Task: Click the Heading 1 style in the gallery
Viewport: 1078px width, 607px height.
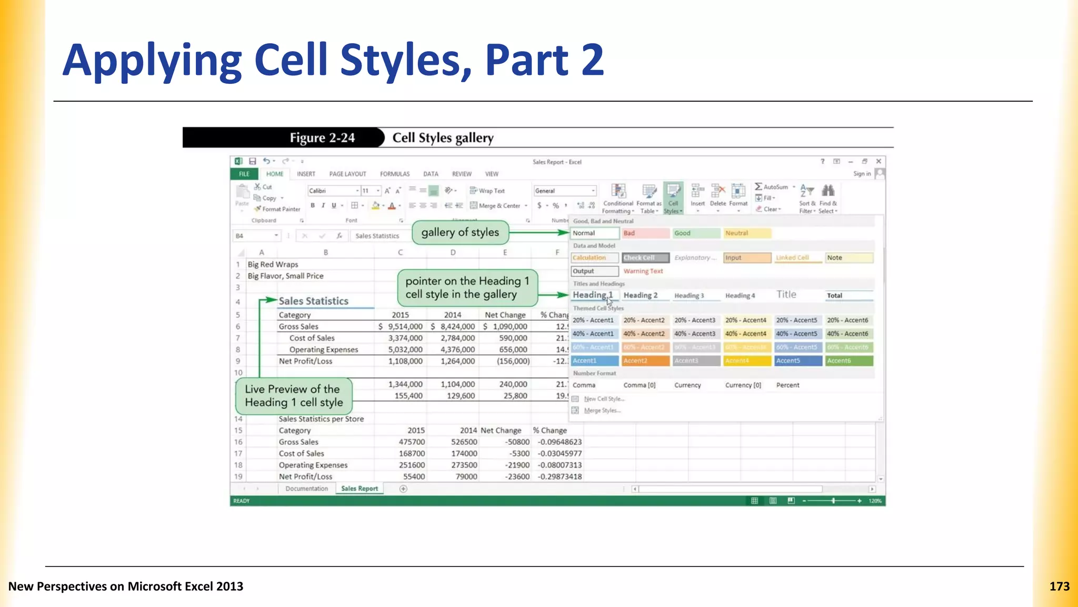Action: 593,295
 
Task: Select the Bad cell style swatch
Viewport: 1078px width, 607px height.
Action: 645,233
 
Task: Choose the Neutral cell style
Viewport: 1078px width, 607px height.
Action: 746,233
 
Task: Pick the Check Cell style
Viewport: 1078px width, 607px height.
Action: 645,258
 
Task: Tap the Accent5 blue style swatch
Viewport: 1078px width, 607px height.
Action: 797,361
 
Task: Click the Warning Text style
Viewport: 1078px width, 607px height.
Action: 643,271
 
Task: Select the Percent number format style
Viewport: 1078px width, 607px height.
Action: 787,385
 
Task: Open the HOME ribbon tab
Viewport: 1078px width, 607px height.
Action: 274,174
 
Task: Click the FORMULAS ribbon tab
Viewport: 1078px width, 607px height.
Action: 395,174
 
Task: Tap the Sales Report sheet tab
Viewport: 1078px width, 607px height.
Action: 360,488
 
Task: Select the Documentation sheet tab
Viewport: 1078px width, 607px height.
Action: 306,488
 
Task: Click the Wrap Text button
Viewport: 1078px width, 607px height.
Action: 487,191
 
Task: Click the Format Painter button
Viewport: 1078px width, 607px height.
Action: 277,209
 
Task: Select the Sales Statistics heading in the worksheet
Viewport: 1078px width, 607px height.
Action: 314,301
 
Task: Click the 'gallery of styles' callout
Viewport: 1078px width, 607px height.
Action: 460,232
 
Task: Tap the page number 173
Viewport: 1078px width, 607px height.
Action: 1059,586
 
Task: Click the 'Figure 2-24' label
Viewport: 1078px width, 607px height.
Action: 322,138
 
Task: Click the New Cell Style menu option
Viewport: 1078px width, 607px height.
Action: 604,399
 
